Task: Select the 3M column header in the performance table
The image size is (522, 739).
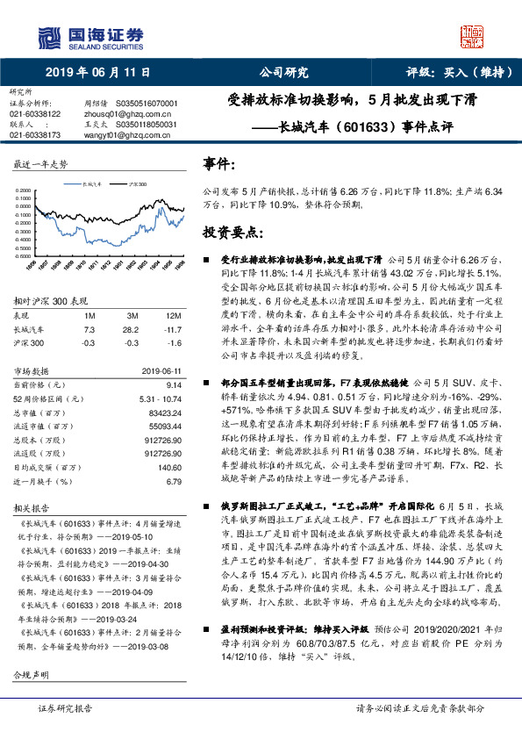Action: click(132, 314)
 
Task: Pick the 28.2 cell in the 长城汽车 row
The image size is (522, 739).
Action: click(132, 328)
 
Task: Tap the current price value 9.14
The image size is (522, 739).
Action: click(174, 384)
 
